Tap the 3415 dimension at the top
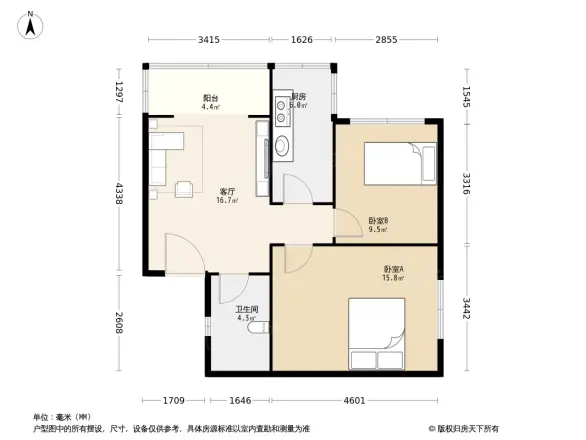(208, 40)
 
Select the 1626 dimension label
(302, 40)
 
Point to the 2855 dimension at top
(386, 40)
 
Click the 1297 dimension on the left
(118, 93)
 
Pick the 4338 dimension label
(118, 193)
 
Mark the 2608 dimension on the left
(118, 323)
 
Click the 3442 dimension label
(467, 310)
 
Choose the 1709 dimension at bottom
(176, 400)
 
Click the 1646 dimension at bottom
(240, 400)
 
